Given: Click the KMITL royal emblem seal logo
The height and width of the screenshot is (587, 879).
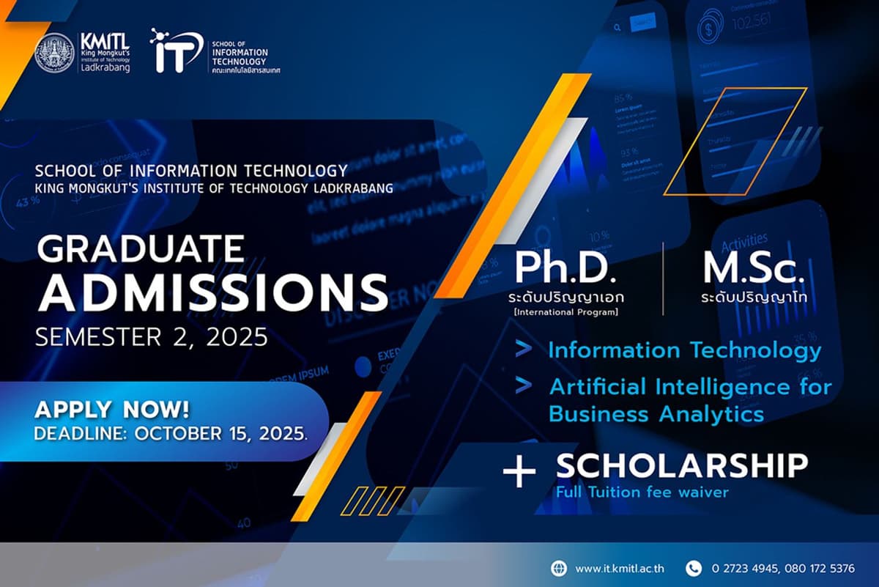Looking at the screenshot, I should pos(53,53).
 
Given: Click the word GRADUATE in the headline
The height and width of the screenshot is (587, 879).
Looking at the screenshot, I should pos(141,250).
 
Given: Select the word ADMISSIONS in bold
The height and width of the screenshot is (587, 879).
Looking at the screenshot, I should pos(213,292).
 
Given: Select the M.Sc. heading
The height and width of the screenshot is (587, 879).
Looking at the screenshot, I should pos(754,268).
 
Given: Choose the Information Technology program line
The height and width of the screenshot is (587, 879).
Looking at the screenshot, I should pos(685,350).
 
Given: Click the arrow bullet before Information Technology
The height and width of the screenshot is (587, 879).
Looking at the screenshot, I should pos(523,350).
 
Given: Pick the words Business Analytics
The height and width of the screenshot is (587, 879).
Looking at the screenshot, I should pos(656,413).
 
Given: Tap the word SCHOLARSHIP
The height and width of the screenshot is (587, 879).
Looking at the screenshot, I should pos(681,465).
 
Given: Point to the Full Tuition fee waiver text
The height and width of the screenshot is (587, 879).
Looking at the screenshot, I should pos(642,492).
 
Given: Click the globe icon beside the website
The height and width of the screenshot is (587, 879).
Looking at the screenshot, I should pos(559,568).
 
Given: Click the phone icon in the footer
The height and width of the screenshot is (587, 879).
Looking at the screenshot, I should pos(693,568).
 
